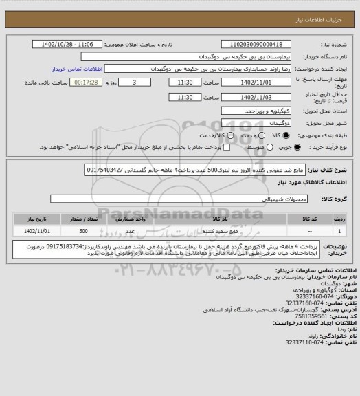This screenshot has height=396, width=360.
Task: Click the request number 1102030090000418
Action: tap(257, 44)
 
